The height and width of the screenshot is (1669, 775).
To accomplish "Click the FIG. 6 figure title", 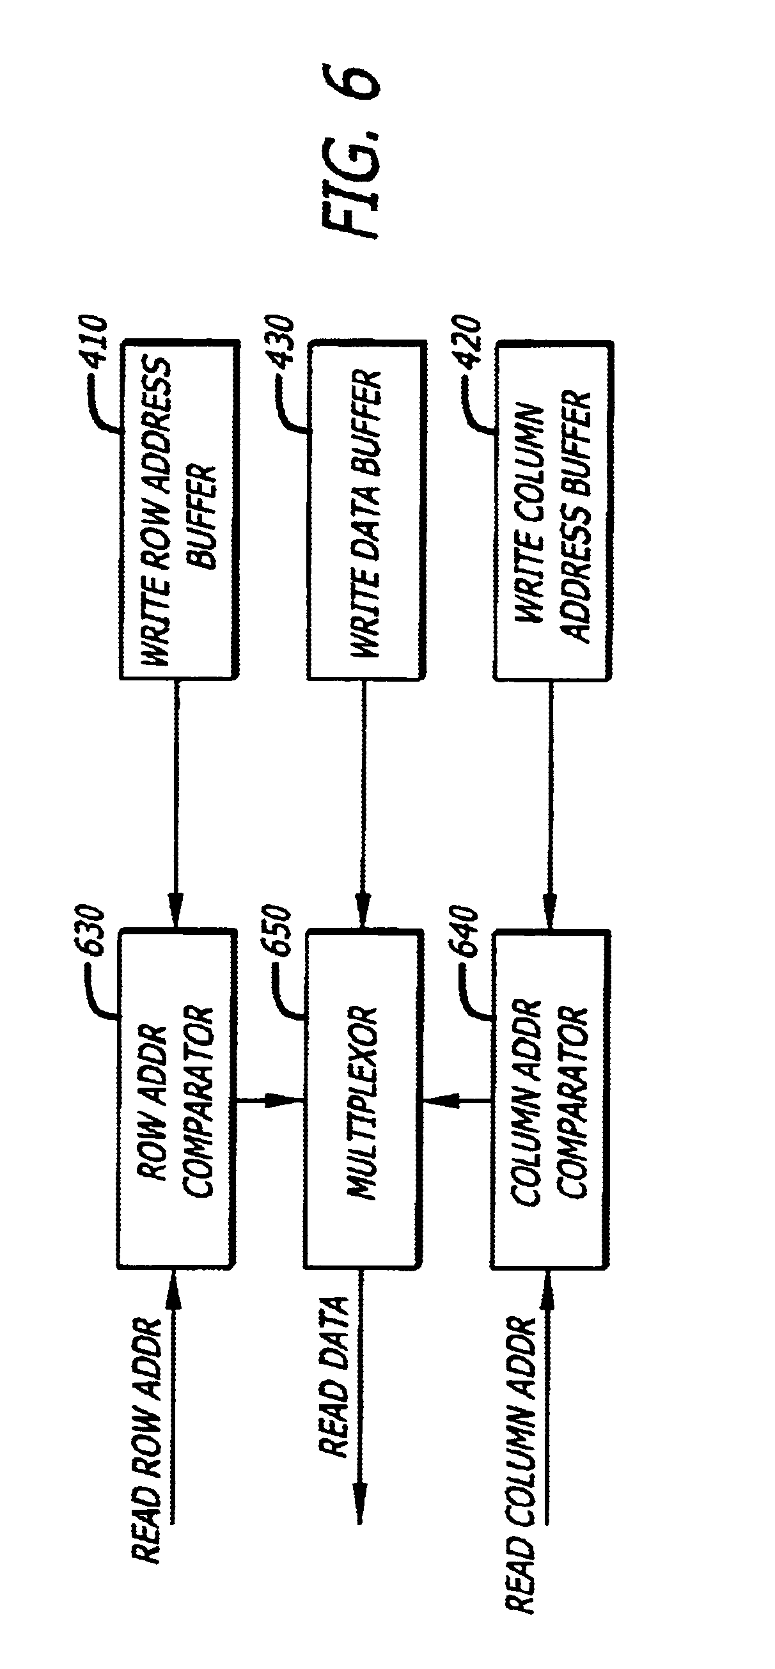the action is (350, 152).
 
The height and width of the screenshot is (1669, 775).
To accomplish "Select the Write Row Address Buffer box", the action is (178, 509).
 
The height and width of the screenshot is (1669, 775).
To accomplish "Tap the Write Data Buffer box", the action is (366, 509).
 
